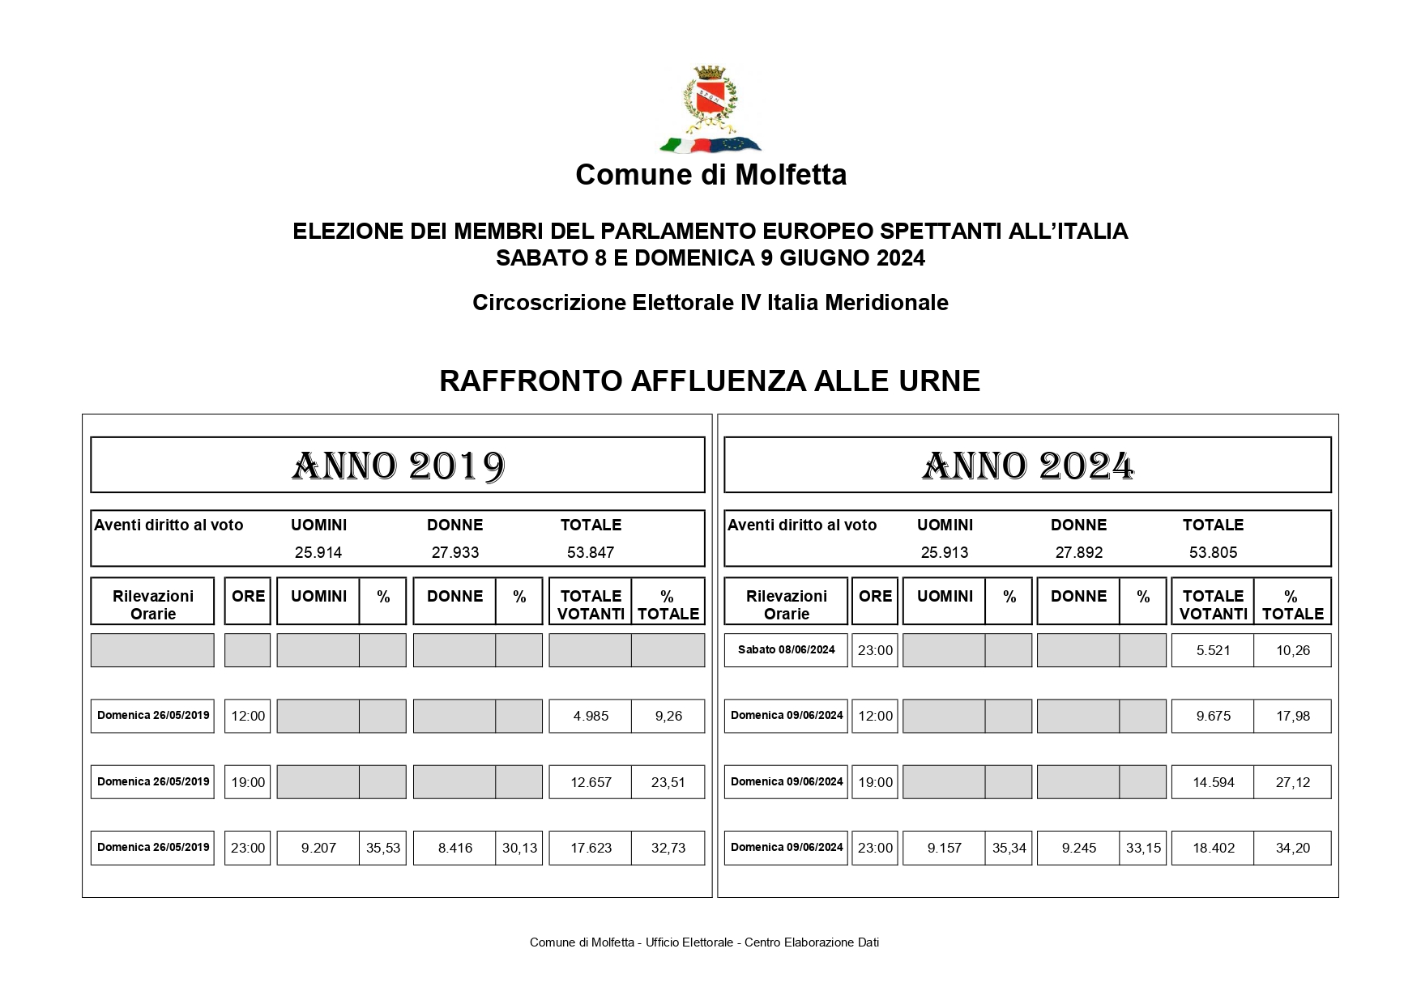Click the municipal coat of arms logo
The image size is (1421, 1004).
710,110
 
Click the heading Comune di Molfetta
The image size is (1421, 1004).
710,175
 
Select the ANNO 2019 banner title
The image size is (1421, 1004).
398,466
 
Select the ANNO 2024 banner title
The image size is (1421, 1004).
1027,466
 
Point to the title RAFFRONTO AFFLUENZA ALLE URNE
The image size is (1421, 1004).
710,381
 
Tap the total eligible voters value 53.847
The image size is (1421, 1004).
591,553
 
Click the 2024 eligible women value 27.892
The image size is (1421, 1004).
1078,553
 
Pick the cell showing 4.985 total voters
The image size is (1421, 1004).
591,717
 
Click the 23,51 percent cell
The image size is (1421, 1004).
668,783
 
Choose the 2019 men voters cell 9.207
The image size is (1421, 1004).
318,849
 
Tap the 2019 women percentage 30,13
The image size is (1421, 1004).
519,849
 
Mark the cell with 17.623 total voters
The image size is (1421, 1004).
591,849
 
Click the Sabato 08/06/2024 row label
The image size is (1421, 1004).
786,650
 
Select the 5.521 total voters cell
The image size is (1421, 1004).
1213,651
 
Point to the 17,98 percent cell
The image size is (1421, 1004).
1292,717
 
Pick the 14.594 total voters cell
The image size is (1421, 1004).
1213,783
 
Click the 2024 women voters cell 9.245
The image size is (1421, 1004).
1078,849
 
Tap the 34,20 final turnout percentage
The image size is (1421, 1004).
1292,849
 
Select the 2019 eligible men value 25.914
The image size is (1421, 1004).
318,553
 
